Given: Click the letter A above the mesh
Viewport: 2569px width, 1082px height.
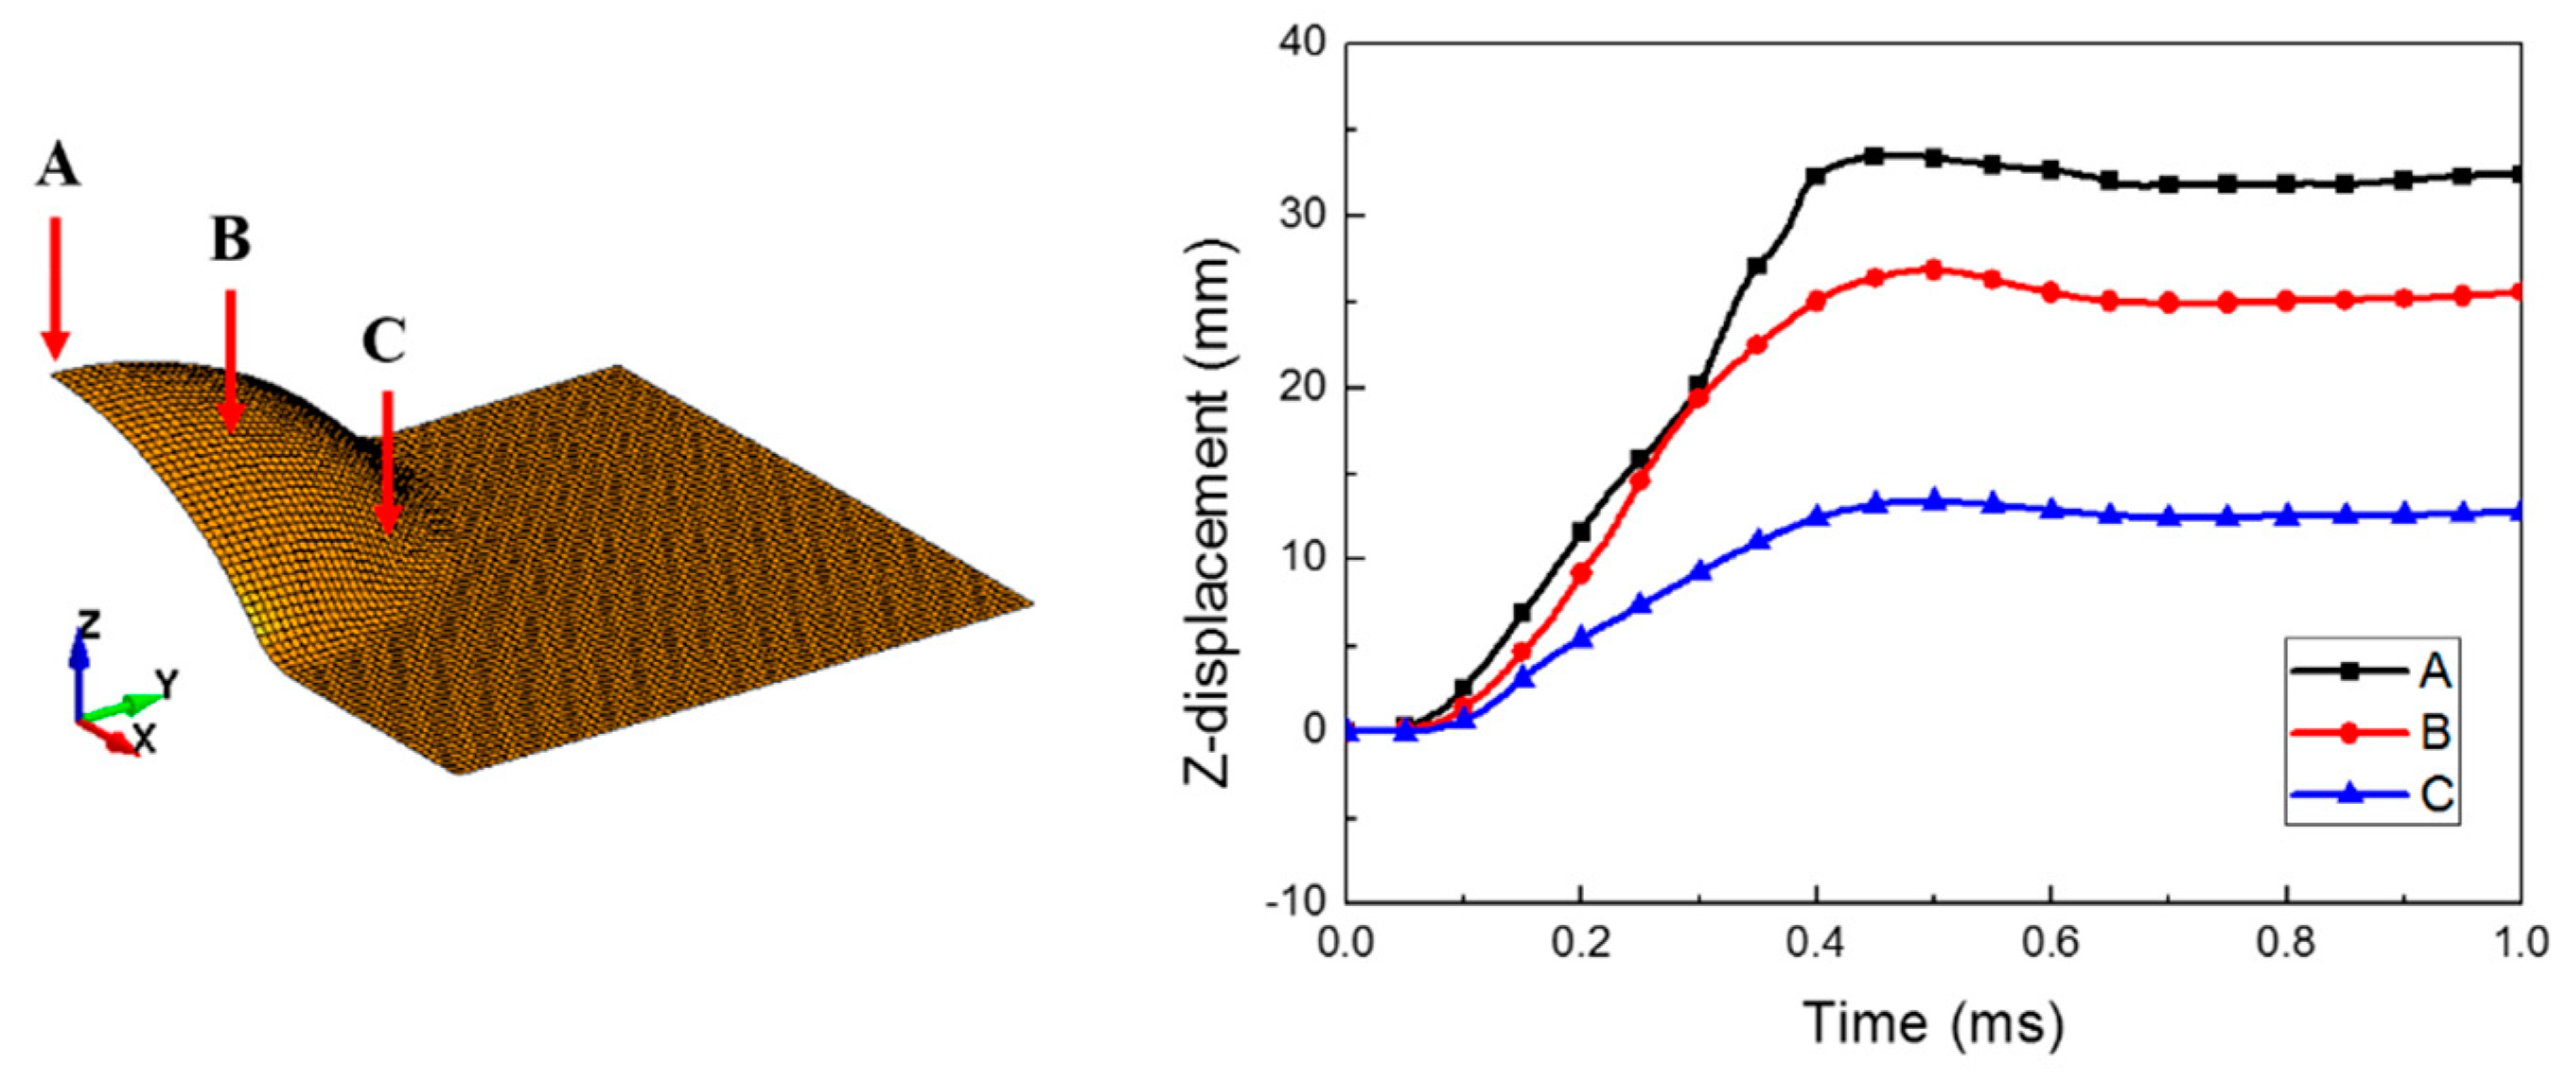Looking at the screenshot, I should coord(57,166).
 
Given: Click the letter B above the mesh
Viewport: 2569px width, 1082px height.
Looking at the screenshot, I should coord(230,240).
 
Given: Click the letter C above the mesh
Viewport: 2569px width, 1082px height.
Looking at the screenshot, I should coord(384,341).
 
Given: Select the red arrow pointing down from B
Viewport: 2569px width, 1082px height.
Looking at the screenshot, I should coord(230,359).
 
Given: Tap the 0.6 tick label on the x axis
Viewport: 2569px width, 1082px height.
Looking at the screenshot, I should coord(2050,942).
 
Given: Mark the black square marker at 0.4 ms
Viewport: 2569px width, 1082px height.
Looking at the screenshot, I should coord(1816,177).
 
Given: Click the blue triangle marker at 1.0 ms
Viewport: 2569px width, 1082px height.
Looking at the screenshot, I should coord(2519,512).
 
